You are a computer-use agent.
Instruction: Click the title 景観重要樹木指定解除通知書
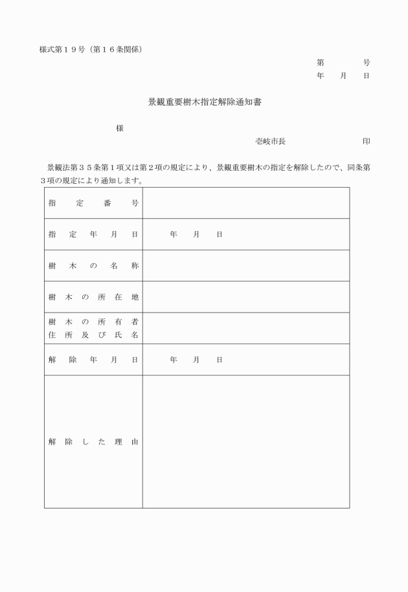click(x=204, y=102)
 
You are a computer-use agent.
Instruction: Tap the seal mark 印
click(x=367, y=142)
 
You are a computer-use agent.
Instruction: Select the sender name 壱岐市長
click(x=270, y=142)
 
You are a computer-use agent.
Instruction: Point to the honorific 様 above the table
click(x=120, y=128)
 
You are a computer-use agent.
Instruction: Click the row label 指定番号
click(x=93, y=203)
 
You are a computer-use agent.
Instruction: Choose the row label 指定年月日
click(x=93, y=234)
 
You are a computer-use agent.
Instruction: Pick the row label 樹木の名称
click(x=93, y=266)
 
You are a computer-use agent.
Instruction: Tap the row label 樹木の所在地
click(x=93, y=297)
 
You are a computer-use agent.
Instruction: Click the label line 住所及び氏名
click(x=93, y=335)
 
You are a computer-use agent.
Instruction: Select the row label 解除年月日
click(x=93, y=360)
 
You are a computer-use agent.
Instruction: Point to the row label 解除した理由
click(x=93, y=443)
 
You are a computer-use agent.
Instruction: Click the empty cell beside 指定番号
click(x=246, y=203)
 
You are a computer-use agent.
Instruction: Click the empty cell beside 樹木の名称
click(x=246, y=266)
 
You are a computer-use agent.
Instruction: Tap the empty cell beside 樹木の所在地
click(x=246, y=297)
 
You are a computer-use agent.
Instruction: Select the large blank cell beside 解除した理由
click(x=246, y=442)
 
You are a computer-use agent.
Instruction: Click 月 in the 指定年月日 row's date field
click(x=196, y=234)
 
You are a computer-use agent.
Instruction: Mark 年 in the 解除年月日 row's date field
click(x=174, y=360)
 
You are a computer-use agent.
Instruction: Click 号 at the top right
click(x=367, y=63)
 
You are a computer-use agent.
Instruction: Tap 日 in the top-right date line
click(x=367, y=76)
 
